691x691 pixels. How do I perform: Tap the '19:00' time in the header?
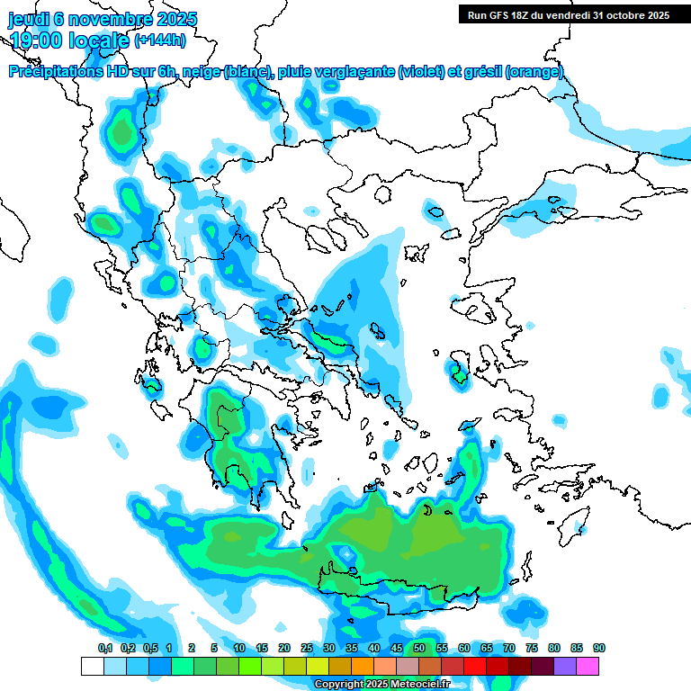[x=37, y=40]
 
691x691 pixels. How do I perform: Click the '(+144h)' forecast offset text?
[x=160, y=40]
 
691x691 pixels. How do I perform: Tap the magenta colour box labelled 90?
[x=588, y=667]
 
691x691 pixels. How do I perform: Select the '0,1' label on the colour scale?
[x=105, y=648]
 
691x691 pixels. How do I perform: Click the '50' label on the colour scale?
[x=419, y=648]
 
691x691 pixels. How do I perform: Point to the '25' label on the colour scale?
[x=307, y=648]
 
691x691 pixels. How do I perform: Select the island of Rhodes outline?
[x=568, y=531]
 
